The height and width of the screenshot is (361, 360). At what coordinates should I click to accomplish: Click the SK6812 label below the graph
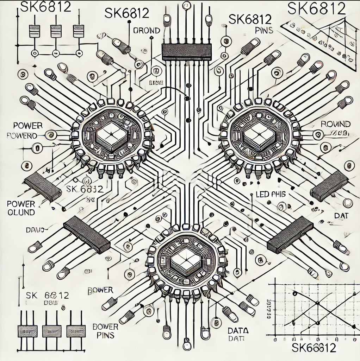pos(314,348)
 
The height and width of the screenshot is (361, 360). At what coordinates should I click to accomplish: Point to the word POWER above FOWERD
pos(27,126)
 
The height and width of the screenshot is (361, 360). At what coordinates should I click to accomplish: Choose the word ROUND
pos(336,124)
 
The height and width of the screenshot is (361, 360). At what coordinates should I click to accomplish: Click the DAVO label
pos(35,230)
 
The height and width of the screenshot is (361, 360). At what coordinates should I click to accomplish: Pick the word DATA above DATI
pos(238,330)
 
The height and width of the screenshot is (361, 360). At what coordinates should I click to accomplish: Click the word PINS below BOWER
pos(105,335)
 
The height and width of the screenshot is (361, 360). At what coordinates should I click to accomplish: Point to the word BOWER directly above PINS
pos(105,326)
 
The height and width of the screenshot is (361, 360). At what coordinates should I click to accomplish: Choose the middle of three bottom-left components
pos(52,331)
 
